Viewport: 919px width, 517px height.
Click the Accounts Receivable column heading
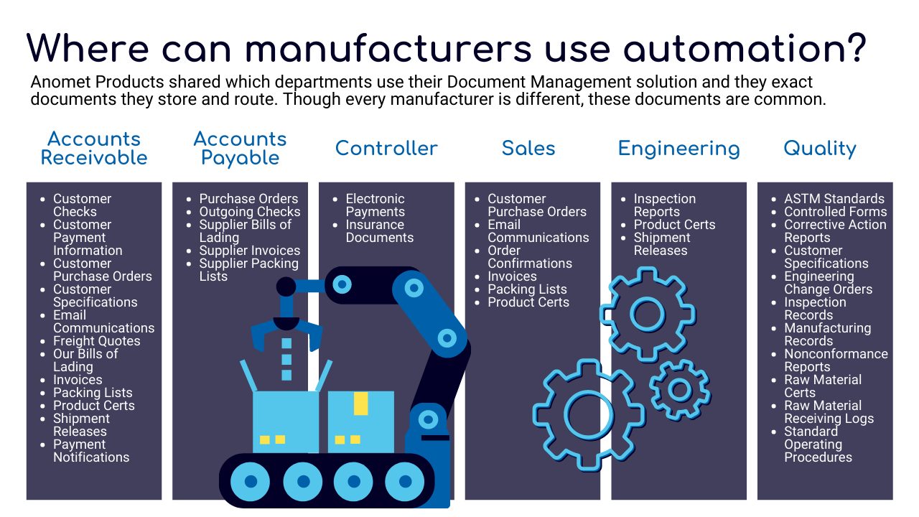94,148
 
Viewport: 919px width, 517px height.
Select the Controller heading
386,148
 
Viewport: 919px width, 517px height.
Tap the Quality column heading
820,149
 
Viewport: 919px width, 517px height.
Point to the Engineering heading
679,149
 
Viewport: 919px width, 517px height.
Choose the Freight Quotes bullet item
96,341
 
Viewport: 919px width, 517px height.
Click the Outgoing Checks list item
249,212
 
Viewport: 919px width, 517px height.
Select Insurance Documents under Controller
380,231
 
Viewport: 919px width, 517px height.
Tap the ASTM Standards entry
834,199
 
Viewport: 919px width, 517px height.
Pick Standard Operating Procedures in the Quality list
818,444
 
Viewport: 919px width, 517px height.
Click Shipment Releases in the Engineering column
662,244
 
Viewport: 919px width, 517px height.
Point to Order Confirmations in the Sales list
530,257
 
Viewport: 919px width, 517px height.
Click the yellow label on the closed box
360,404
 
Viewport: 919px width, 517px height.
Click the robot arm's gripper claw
286,333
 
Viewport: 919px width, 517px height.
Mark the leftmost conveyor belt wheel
251,481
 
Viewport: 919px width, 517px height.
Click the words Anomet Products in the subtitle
97,82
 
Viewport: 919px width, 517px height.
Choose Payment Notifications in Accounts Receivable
91,451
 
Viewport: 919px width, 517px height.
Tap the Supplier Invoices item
249,251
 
